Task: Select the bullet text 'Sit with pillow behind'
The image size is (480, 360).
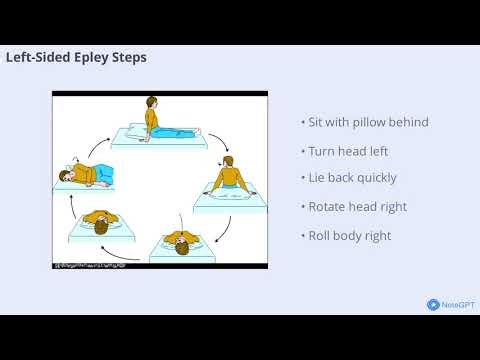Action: [x=367, y=122]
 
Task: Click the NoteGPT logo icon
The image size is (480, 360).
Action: [x=432, y=305]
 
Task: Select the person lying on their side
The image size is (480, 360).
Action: [x=87, y=176]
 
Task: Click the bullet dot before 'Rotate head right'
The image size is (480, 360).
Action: [x=302, y=207]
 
